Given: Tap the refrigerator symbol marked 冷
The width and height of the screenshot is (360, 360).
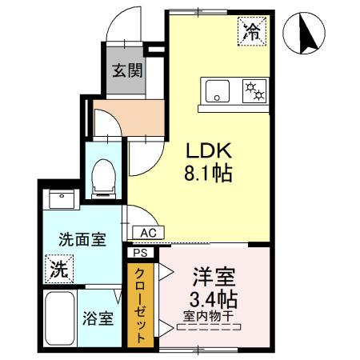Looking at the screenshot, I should (x=251, y=33).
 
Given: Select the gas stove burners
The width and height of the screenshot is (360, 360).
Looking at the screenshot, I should (x=254, y=91).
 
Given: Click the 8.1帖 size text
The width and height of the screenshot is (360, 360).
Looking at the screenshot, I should (x=210, y=172).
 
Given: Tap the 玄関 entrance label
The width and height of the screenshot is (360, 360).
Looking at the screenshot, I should (x=128, y=70).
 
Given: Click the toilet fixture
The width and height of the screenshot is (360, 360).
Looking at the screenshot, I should (x=103, y=177).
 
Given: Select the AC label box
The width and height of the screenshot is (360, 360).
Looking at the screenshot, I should (x=147, y=232).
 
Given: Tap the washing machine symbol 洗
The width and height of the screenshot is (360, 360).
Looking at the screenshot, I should (x=58, y=268).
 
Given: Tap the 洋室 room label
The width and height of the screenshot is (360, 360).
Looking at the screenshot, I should (x=214, y=279).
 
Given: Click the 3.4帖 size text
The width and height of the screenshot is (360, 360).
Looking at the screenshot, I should (x=214, y=301).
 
